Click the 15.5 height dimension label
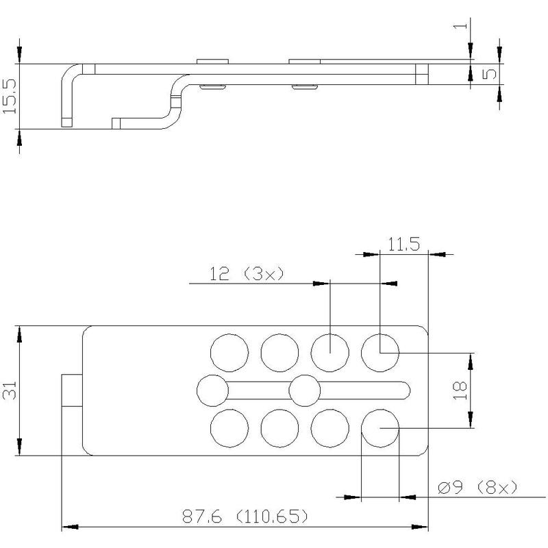pos(10,96)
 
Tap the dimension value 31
pos(10,390)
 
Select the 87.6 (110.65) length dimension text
pos(245,516)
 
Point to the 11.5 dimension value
pos(403,244)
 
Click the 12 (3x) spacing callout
pos(247,273)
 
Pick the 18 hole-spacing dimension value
pos(460,390)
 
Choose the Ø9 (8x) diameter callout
pos(477,487)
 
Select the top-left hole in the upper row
pos(229,353)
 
